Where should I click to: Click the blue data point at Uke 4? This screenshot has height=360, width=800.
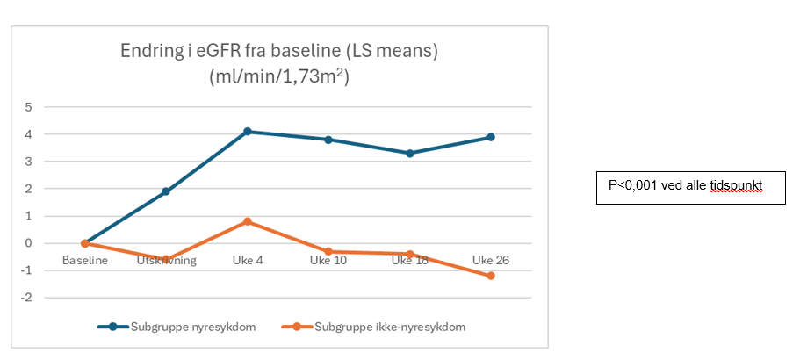tap(248, 132)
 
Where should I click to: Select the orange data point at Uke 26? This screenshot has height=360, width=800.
tap(491, 276)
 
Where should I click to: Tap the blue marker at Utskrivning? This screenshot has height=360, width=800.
tap(166, 191)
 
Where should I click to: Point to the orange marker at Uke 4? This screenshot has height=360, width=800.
tap(248, 221)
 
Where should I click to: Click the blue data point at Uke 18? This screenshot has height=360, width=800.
tap(410, 153)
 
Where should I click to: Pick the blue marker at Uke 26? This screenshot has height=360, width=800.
tap(491, 137)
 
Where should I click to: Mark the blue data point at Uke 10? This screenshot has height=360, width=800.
tap(328, 140)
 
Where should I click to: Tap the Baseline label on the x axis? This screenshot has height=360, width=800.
tap(85, 260)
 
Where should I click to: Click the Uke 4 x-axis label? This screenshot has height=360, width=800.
tap(248, 260)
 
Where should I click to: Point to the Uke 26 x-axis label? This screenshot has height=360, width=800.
tap(491, 260)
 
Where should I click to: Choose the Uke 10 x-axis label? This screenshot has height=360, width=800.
tap(328, 260)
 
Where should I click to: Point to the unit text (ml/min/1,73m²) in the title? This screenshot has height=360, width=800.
tap(279, 76)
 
